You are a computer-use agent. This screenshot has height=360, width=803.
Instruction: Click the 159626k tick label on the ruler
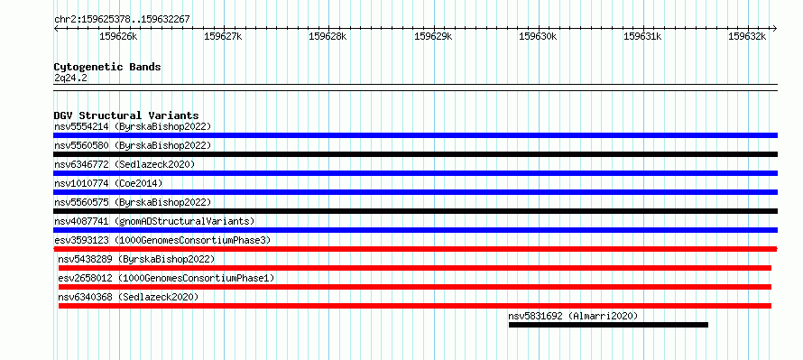coord(118,36)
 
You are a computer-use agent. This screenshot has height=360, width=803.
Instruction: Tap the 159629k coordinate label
coord(433,36)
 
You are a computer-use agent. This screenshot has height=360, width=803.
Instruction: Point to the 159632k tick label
coord(747,36)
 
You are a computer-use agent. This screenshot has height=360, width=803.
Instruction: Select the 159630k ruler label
coord(538,36)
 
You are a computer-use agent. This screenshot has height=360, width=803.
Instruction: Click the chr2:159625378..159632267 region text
coord(122,20)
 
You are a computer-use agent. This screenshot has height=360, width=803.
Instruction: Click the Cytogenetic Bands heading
coord(107,67)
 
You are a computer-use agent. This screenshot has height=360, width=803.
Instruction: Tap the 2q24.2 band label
coord(70,78)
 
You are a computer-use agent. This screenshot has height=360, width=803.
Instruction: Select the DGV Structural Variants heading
coord(126,115)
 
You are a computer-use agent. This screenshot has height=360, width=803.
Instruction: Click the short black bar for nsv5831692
coord(608,325)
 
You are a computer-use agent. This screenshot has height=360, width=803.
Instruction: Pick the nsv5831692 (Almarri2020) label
coord(573,316)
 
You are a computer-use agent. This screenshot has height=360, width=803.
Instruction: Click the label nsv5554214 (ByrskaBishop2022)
coord(133,126)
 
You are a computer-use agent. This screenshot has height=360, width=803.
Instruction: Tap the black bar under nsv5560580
coord(415,154)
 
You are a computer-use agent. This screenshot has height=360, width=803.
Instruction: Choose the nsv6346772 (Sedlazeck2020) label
coord(125,164)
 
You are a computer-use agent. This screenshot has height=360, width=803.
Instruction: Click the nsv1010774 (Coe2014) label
coord(108,183)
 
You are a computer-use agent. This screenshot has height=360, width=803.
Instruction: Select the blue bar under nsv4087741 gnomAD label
coord(415,230)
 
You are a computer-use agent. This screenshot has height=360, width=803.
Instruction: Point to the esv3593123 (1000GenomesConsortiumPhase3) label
coord(162,240)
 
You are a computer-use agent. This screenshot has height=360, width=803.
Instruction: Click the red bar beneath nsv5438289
coord(415,268)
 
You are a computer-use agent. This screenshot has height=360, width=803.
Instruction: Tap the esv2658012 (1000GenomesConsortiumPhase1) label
coord(166,278)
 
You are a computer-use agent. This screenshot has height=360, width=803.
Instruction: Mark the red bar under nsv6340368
coord(415,306)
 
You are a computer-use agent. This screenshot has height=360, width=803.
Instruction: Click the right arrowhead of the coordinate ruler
coord(775,28)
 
